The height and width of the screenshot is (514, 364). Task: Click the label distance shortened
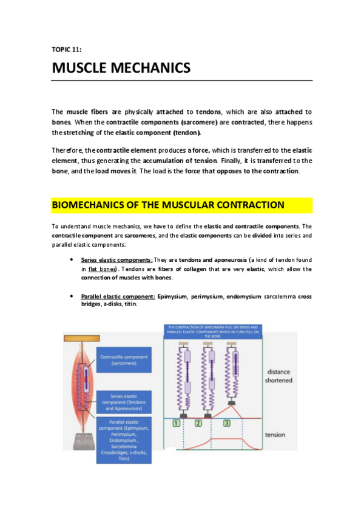[x=278, y=376]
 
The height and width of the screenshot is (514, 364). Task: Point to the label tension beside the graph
[x=275, y=435]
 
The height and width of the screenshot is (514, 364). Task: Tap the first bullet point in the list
[x=73, y=260]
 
